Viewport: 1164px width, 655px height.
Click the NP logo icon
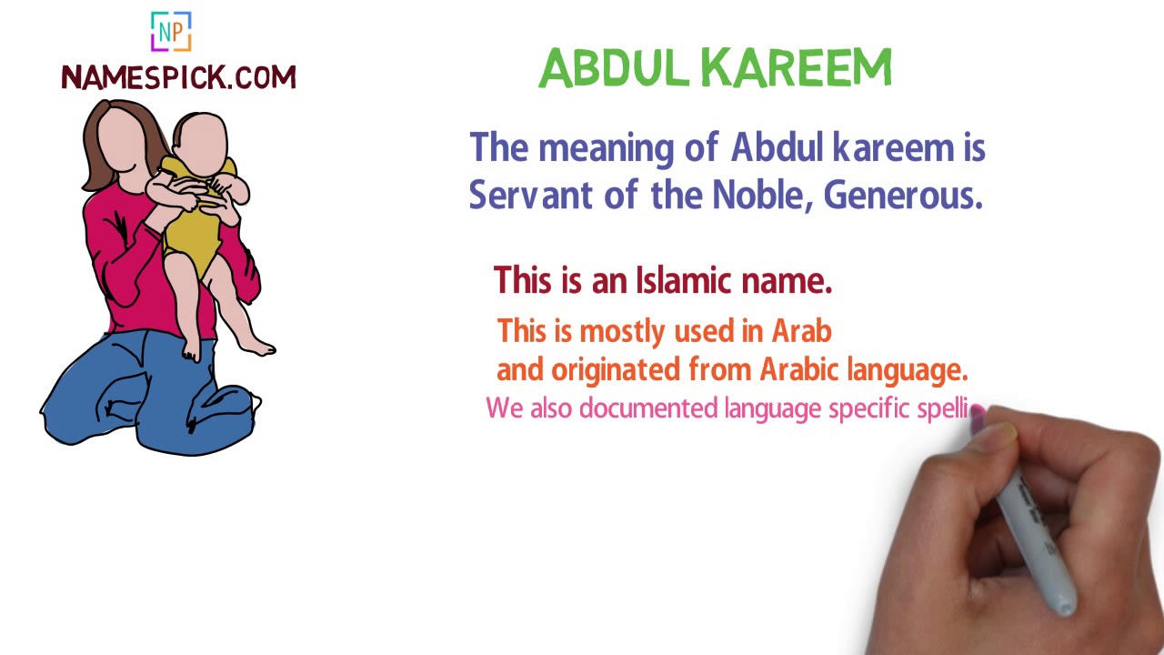(171, 32)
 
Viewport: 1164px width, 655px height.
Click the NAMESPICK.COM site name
(178, 77)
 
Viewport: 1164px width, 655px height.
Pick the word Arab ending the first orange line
(801, 331)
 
